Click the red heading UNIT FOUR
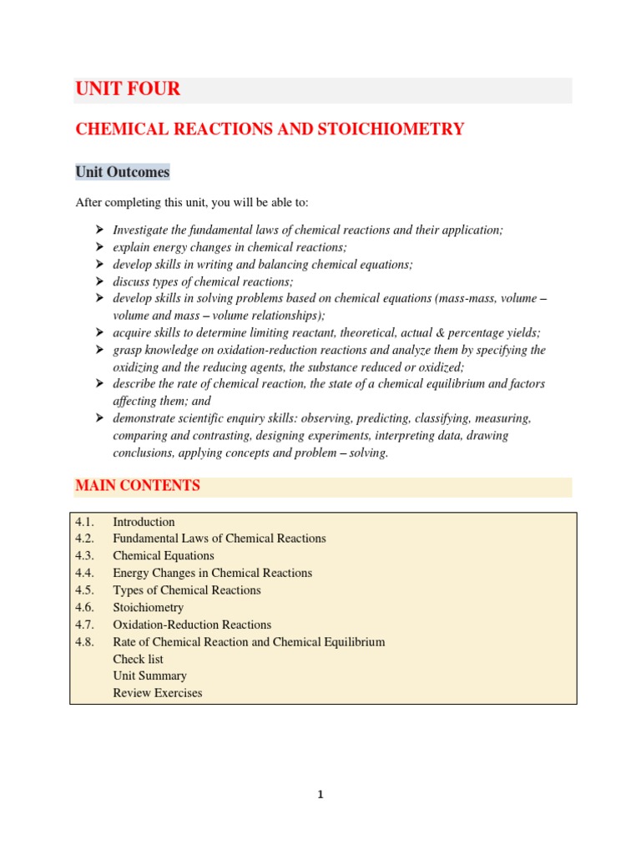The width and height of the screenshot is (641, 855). [x=128, y=89]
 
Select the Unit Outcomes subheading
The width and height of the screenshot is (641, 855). [x=122, y=172]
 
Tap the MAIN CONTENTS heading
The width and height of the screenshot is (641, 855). [x=138, y=485]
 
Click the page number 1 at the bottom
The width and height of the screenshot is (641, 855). [x=320, y=795]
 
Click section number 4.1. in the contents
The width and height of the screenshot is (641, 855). [x=86, y=522]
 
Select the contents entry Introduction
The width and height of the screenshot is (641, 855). [x=144, y=522]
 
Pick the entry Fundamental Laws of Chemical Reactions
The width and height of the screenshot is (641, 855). [x=220, y=539]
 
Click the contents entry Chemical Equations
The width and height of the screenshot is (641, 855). [x=164, y=556]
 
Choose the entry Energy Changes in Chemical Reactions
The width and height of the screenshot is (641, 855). [x=212, y=573]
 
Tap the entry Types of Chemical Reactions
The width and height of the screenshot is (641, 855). [x=187, y=590]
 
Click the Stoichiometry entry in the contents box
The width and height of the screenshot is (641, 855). [x=148, y=608]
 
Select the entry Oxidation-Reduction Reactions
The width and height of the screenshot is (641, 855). [x=192, y=625]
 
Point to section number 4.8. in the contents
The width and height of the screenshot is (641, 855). [x=86, y=642]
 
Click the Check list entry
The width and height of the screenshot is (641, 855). [x=138, y=659]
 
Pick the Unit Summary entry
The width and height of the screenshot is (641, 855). [x=149, y=675]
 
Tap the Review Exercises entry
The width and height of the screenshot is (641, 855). [x=158, y=693]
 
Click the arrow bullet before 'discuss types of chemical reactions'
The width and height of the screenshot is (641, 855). [x=98, y=281]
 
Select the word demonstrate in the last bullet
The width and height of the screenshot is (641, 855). [x=145, y=417]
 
